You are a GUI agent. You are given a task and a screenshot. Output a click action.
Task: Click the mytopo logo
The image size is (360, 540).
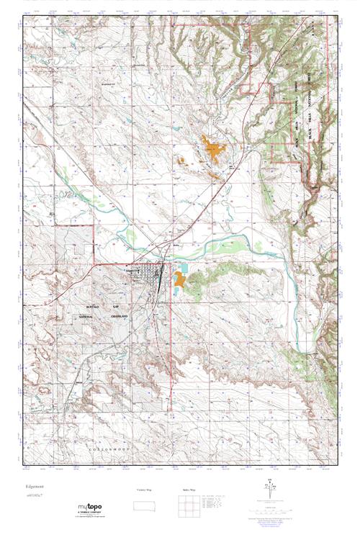tap(85, 508)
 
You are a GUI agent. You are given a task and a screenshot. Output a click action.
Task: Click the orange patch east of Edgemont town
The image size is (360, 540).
tap(176, 280)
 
